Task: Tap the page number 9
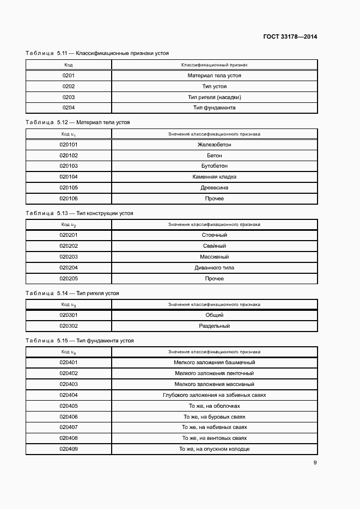click(x=315, y=463)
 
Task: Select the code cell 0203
click(x=69, y=97)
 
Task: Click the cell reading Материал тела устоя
click(x=214, y=76)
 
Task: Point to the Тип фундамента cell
click(x=214, y=108)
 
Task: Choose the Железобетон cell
click(x=214, y=144)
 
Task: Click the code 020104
click(x=69, y=177)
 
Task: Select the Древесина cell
click(x=214, y=188)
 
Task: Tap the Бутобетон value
click(x=214, y=166)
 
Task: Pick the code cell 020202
click(x=69, y=246)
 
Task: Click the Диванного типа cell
click(x=214, y=268)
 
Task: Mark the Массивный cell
click(x=214, y=257)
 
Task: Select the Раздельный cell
click(x=214, y=326)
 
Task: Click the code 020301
click(x=69, y=315)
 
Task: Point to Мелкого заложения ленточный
click(x=214, y=373)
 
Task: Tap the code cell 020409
click(x=69, y=449)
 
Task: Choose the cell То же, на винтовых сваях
click(x=214, y=438)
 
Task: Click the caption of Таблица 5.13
click(x=80, y=213)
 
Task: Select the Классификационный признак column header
click(x=214, y=65)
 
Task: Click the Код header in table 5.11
click(x=69, y=65)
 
